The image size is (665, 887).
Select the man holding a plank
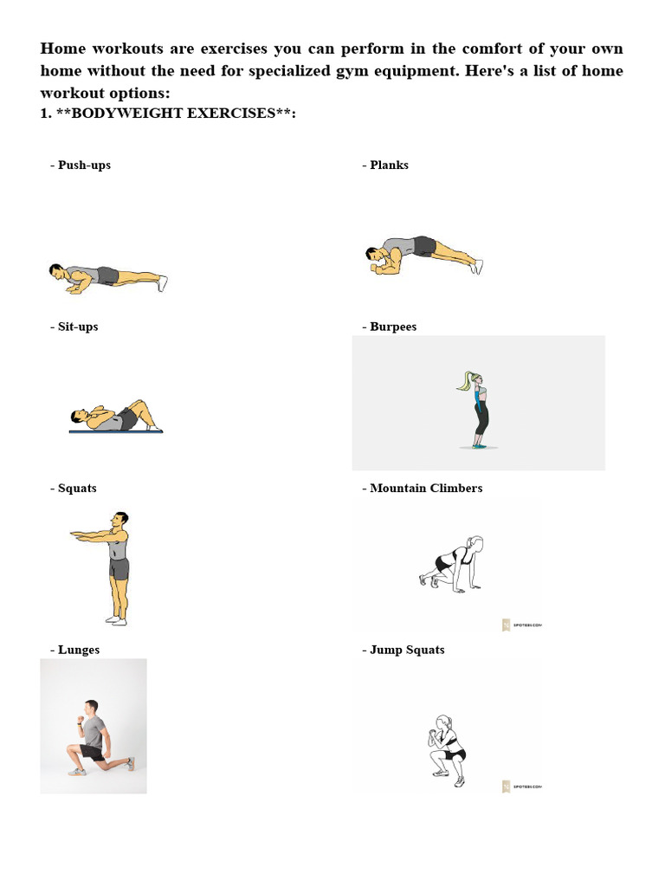click(423, 255)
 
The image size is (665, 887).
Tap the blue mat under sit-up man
click(116, 431)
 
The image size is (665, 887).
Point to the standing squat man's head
click(120, 521)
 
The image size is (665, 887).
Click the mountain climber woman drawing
click(454, 565)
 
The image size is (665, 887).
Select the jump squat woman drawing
click(448, 748)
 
